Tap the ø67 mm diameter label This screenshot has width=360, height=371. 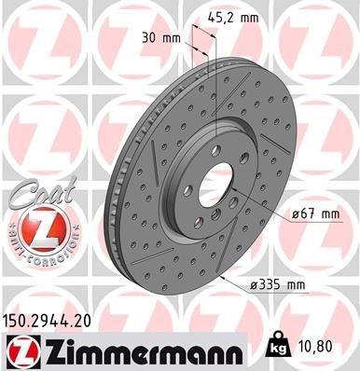(314, 213)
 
